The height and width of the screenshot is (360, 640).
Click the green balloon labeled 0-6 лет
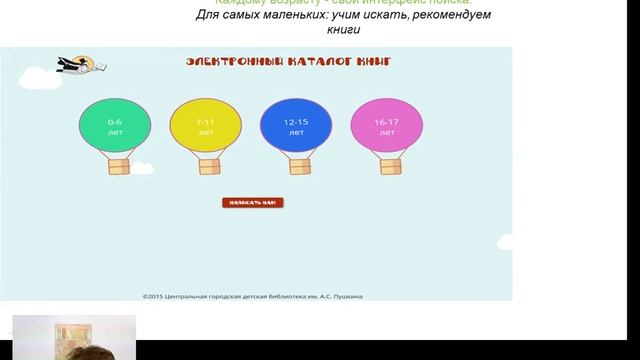pyautogui.click(x=116, y=126)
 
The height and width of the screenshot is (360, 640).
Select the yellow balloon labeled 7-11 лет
pyautogui.click(x=206, y=126)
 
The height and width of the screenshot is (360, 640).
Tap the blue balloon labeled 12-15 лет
pyautogui.click(x=296, y=126)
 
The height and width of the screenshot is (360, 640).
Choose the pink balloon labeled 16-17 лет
pyautogui.click(x=387, y=126)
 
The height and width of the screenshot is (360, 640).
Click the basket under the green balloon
pyautogui.click(x=116, y=165)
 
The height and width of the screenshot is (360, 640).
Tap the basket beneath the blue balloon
pyautogui.click(x=296, y=165)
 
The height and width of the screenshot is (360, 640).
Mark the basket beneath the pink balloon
pyautogui.click(x=387, y=165)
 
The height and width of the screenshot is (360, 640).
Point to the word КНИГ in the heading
pyautogui.click(x=372, y=62)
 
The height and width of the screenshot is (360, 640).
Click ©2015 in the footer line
pyautogui.click(x=153, y=295)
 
